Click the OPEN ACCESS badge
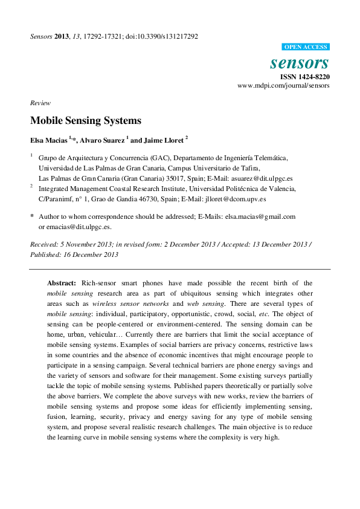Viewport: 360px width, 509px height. [x=306, y=47]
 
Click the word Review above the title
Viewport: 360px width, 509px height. [x=40, y=103]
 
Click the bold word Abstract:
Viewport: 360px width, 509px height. [x=62, y=283]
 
